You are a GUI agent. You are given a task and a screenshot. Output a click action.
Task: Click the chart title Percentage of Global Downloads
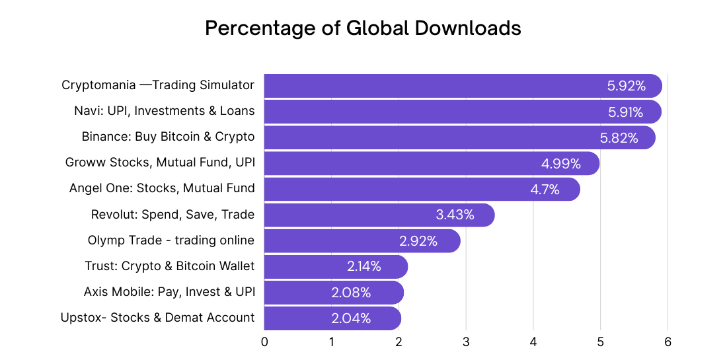point(363,28)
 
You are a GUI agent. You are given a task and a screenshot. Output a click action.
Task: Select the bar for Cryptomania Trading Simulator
point(430,86)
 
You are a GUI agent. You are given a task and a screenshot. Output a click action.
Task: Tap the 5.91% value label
point(625,112)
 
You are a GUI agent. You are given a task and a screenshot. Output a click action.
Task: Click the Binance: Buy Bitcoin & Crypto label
point(168,137)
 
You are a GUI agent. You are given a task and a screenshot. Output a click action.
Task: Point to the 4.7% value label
point(545,190)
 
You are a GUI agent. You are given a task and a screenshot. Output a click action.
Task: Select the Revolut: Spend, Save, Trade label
point(172,214)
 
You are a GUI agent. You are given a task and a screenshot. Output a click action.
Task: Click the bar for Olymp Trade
point(330,240)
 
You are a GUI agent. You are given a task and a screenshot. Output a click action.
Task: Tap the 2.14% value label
point(364,266)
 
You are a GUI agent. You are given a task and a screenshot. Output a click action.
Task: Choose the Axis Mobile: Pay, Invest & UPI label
point(169,291)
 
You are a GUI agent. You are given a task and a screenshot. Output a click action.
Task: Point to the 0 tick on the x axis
point(264,342)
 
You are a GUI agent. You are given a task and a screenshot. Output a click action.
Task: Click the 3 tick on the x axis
point(466,342)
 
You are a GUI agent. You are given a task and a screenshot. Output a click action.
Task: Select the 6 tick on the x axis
point(668,342)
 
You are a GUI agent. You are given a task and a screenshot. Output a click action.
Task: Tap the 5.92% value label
point(625,86)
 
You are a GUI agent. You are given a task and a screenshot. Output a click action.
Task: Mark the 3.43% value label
point(455,215)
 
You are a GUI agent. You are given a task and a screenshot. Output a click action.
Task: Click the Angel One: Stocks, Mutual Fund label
point(162,188)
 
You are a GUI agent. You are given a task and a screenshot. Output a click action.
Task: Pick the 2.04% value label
point(351,318)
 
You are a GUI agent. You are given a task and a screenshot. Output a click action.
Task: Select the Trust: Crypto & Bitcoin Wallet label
point(170,266)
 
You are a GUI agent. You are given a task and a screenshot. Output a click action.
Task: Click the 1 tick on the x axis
point(331,342)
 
